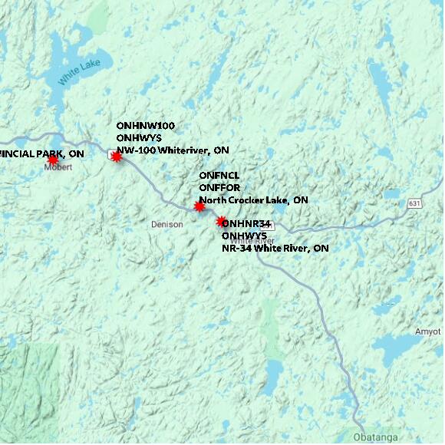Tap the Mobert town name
coord(58,166)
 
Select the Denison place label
coord(166,225)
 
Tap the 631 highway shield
coord(415,203)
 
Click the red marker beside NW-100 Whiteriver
coord(117,157)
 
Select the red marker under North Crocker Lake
coord(199,206)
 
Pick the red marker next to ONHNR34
coord(221,222)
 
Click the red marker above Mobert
coord(52,160)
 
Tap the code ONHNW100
coord(145,124)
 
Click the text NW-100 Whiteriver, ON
coord(172,150)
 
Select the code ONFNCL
coord(219,175)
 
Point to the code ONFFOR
coord(220,187)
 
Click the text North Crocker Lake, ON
coord(253,199)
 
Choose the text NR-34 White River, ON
coord(275,249)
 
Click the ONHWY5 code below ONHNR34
coord(244,236)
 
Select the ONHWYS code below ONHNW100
coord(139,137)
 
